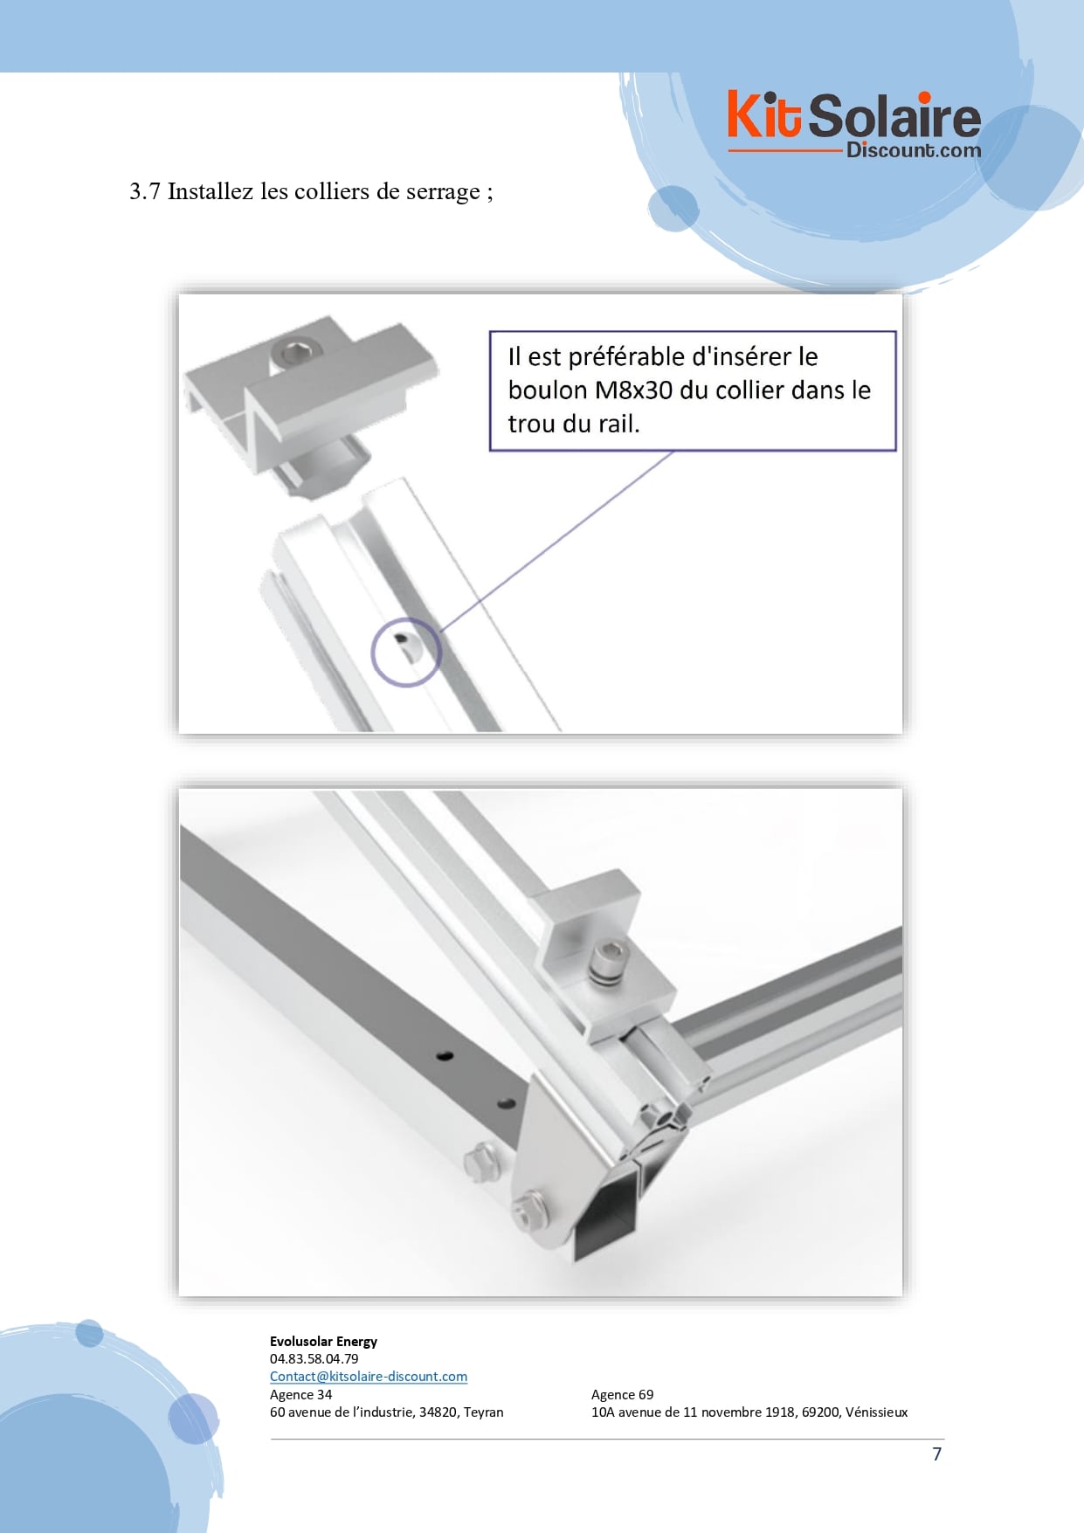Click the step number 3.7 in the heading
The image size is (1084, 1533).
144,191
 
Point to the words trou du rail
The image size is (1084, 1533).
573,424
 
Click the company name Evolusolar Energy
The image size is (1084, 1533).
323,1341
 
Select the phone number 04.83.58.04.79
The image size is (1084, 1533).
314,1358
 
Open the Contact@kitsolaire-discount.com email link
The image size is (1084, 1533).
369,1376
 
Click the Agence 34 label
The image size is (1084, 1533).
301,1394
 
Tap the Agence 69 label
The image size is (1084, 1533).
622,1394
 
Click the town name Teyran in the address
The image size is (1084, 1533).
483,1412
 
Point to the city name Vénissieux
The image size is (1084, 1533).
876,1412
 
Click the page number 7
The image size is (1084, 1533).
937,1454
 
